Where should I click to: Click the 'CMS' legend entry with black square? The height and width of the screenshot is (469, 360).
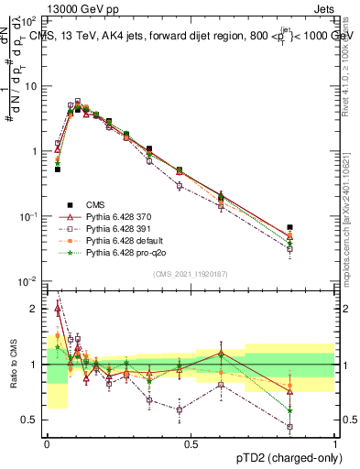(96, 203)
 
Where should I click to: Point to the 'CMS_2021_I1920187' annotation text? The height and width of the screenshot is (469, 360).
(191, 274)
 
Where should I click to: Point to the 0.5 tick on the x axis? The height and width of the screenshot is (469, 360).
(191, 442)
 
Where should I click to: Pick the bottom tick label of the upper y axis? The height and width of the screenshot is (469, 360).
(30, 281)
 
